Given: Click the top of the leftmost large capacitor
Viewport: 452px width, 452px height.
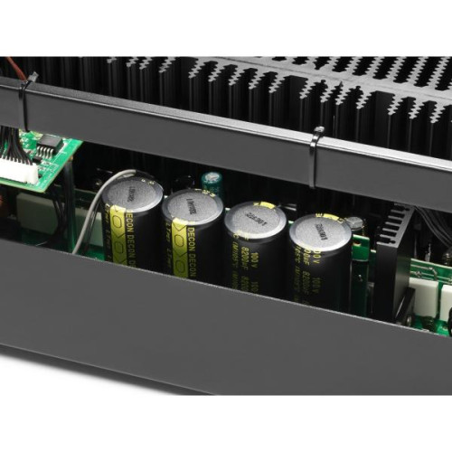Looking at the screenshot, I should coord(132,192).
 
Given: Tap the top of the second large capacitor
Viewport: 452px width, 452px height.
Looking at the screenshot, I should coord(193,207).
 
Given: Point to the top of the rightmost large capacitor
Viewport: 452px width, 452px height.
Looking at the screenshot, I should coord(319,229).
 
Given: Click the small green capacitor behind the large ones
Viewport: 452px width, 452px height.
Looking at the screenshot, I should coord(212,181).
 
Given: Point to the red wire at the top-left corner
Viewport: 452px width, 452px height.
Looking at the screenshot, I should coord(10,66).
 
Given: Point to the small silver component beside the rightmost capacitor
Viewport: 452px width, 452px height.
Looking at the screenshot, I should coord(358,225).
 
